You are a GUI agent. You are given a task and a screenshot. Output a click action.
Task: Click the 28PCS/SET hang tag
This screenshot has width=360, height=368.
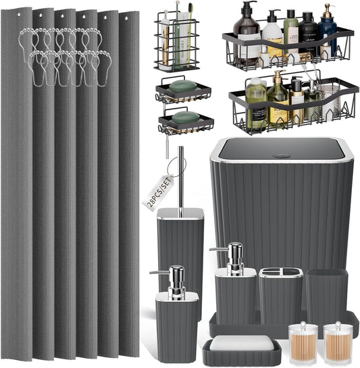coord(158,192)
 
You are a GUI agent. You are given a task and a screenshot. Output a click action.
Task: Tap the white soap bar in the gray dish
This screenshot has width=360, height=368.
coord(241,343)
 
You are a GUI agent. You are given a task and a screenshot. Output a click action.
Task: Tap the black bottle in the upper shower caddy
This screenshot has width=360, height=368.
coord(309,38)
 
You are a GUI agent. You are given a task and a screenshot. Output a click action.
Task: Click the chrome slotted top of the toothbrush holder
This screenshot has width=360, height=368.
coord(280,272)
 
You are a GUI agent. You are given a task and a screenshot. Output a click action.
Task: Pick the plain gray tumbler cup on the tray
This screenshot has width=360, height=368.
coord(326,295)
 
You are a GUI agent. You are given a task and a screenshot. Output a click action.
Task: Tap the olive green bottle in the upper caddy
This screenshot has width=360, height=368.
coord(291,39)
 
